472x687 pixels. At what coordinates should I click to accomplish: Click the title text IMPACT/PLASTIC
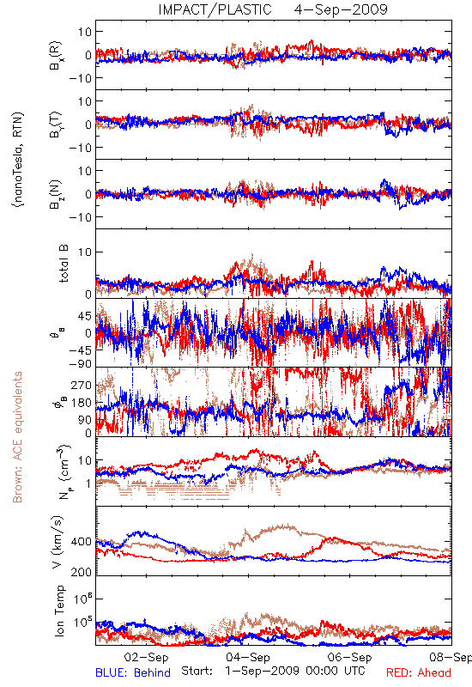click(215, 9)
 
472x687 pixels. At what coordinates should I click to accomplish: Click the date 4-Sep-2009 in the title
click(341, 9)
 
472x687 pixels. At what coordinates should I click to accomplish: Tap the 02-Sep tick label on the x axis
click(146, 657)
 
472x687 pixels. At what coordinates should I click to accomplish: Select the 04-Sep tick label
click(248, 657)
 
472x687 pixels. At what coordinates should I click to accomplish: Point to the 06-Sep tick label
click(349, 657)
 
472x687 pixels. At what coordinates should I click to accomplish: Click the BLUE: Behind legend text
click(133, 672)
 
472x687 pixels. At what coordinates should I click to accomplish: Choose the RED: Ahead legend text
click(419, 672)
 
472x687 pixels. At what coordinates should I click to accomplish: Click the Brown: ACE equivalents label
click(17, 437)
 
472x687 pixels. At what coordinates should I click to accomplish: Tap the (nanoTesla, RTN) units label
click(18, 160)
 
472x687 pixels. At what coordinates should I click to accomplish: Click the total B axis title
click(63, 264)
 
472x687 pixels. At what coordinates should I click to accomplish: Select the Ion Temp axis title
click(59, 611)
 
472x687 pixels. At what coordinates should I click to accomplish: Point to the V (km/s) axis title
click(58, 543)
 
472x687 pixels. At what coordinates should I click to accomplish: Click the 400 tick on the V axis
click(81, 542)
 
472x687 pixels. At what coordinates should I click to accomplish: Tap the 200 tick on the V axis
click(81, 572)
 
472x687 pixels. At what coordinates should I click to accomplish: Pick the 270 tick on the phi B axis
click(81, 385)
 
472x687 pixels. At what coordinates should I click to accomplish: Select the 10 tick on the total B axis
click(85, 252)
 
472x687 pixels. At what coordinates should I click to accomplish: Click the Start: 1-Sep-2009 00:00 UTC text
click(273, 671)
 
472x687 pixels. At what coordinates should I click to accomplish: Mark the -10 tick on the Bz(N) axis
click(80, 217)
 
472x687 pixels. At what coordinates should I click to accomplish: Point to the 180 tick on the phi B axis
click(81, 403)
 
